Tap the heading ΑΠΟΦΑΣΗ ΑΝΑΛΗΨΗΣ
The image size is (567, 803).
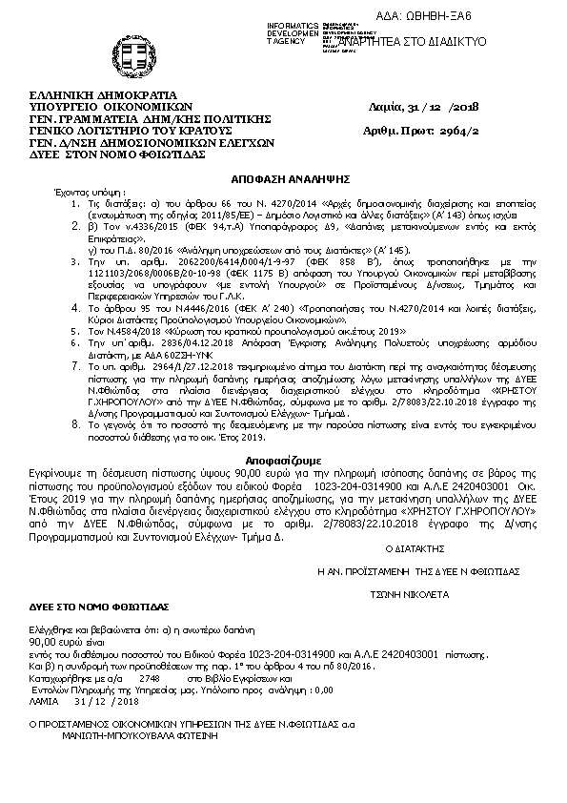pos(282,178)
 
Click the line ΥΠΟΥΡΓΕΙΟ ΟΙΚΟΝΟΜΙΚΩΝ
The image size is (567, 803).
pos(97,107)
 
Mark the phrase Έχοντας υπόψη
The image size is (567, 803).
pos(82,192)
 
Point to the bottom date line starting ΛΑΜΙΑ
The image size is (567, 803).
pos(85,699)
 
